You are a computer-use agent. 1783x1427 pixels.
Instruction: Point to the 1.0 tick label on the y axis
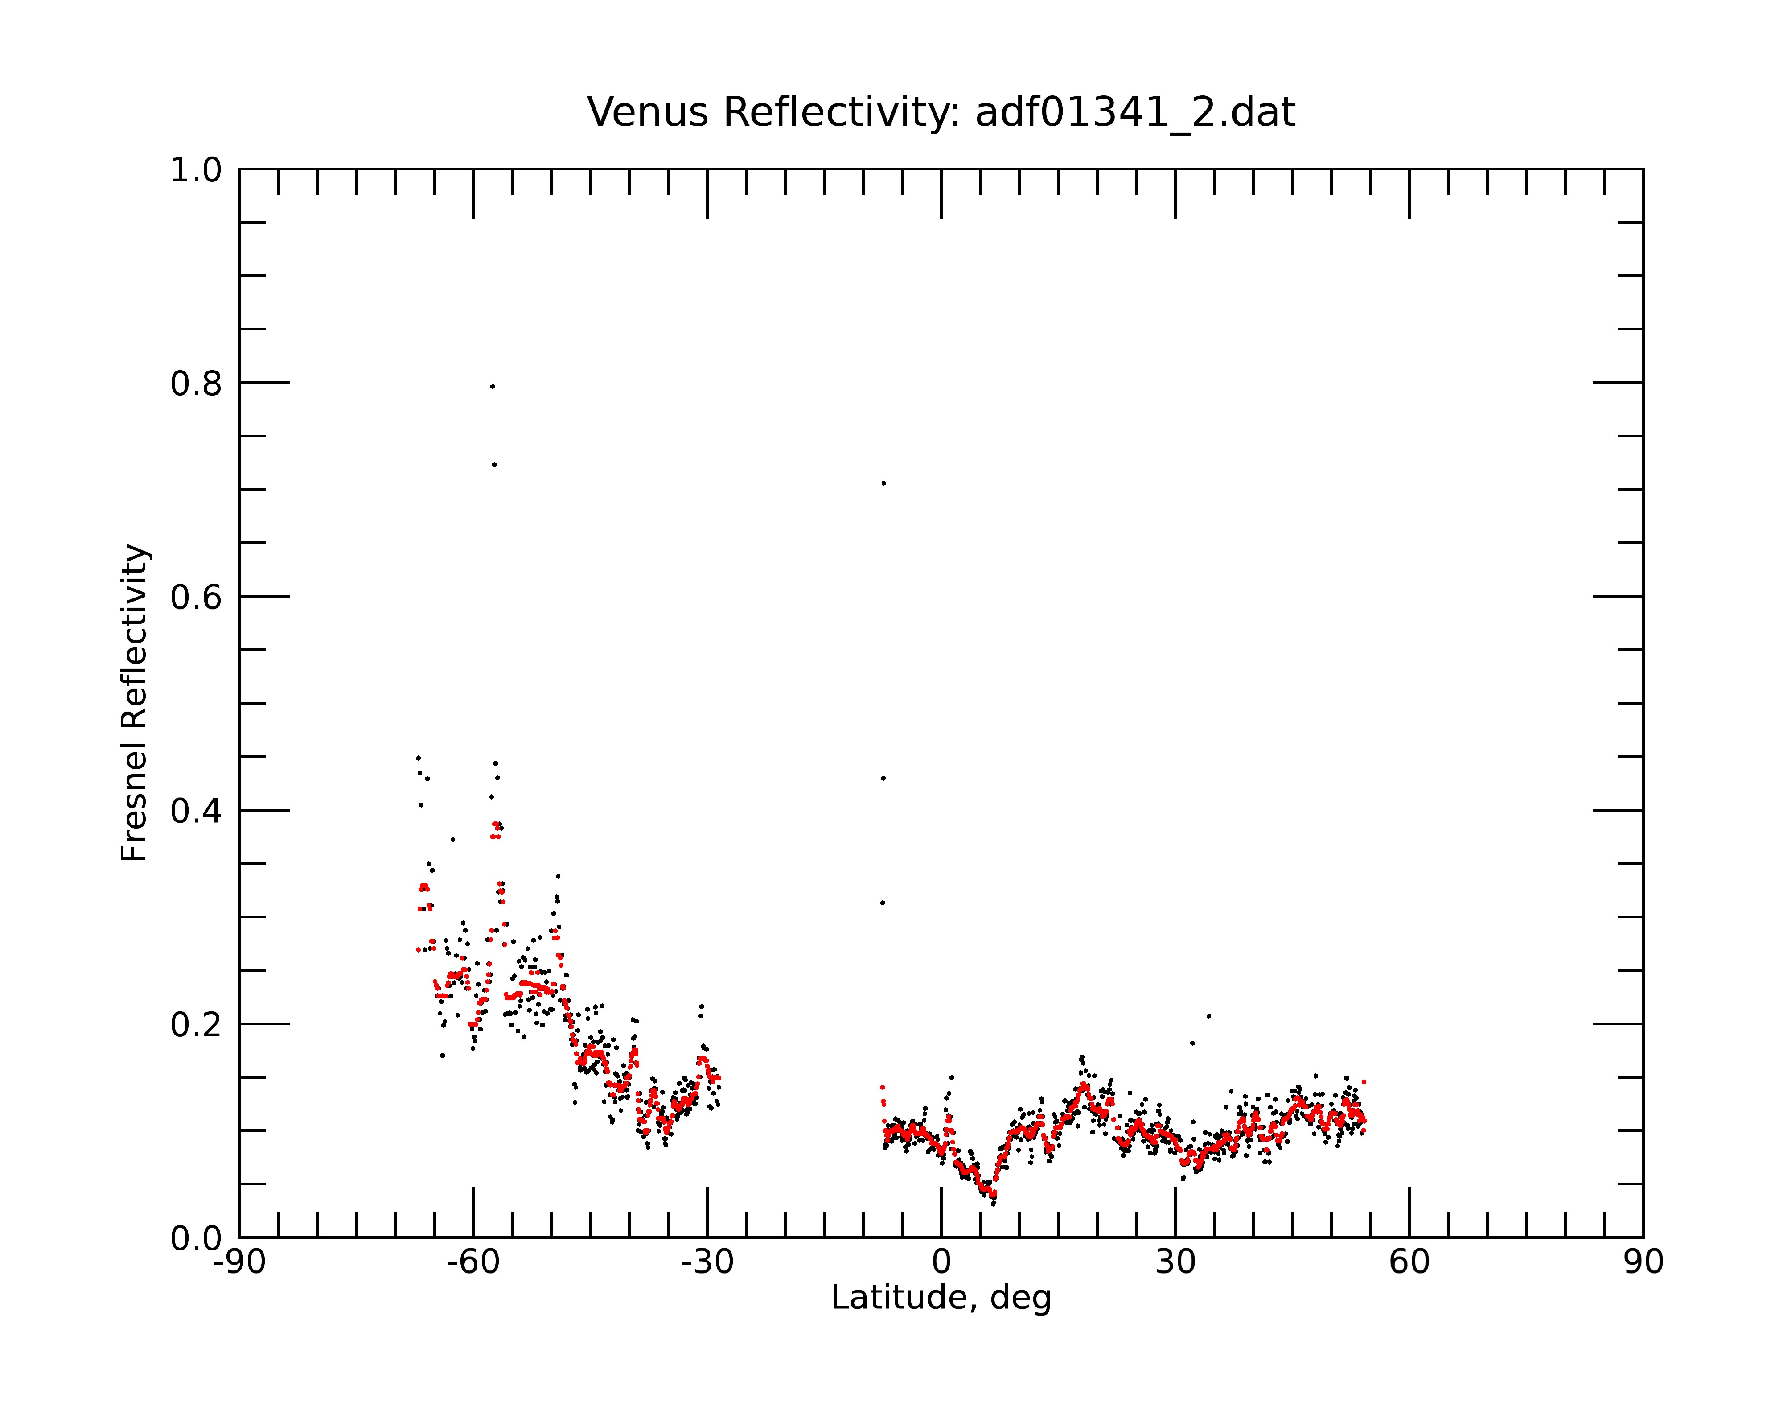click(196, 171)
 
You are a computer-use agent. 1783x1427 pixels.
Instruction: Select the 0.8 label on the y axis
click(196, 384)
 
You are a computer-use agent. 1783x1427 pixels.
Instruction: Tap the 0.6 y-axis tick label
click(196, 597)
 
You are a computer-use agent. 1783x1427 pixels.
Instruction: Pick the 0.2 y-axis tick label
click(196, 1025)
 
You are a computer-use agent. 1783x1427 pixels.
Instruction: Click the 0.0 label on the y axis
click(196, 1238)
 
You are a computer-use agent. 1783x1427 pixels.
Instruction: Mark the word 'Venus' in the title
click(648, 112)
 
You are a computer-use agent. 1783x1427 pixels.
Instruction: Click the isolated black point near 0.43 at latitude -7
click(883, 779)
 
